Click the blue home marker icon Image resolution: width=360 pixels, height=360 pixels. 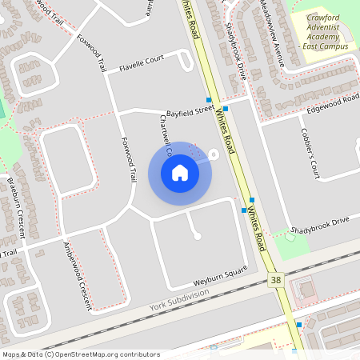[179, 173]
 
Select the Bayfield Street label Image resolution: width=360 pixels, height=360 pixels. [190, 113]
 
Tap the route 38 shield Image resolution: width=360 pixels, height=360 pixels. [276, 279]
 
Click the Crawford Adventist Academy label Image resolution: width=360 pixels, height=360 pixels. [324, 31]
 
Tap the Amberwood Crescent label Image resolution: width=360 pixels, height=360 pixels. [78, 277]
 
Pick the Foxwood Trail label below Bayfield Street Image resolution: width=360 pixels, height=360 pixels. [130, 161]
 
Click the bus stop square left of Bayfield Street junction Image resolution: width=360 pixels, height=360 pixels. [209, 100]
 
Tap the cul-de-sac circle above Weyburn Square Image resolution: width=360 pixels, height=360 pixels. [198, 235]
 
